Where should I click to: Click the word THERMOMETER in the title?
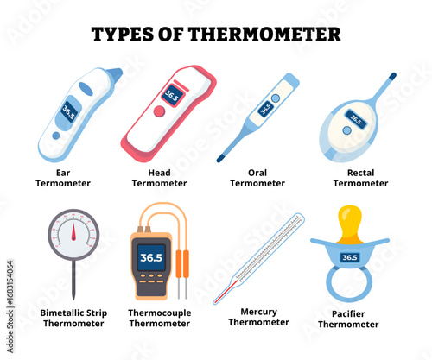point(264,35)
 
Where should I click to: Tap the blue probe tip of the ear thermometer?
point(115,75)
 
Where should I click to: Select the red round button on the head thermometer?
point(159,111)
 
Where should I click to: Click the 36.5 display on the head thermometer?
point(172,96)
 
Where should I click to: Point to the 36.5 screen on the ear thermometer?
point(69,111)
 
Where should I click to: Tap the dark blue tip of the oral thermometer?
point(220,158)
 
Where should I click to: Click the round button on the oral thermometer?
point(276,98)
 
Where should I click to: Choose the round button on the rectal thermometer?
point(347,130)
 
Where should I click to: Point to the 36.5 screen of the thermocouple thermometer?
point(151,257)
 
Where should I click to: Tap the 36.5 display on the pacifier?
point(350,257)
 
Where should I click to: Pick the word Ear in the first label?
point(63,173)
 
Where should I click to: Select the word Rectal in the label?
point(360,173)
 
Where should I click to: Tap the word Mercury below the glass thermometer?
point(258,312)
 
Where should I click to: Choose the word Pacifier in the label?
point(348,314)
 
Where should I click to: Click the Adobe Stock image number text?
point(10,281)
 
